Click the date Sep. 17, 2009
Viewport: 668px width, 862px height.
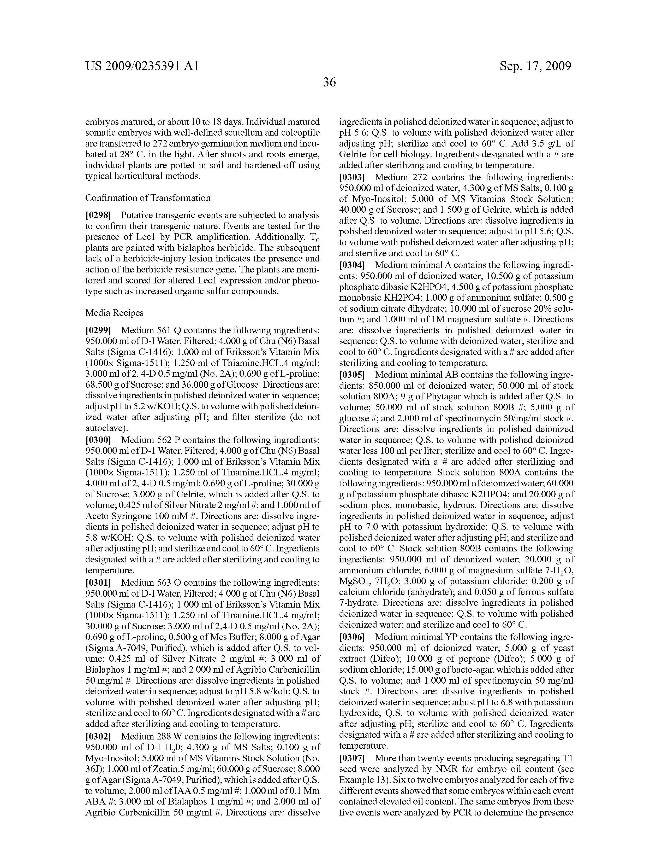click(535, 66)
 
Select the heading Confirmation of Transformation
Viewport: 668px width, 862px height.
click(148, 198)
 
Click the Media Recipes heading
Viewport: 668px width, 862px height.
click(114, 313)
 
